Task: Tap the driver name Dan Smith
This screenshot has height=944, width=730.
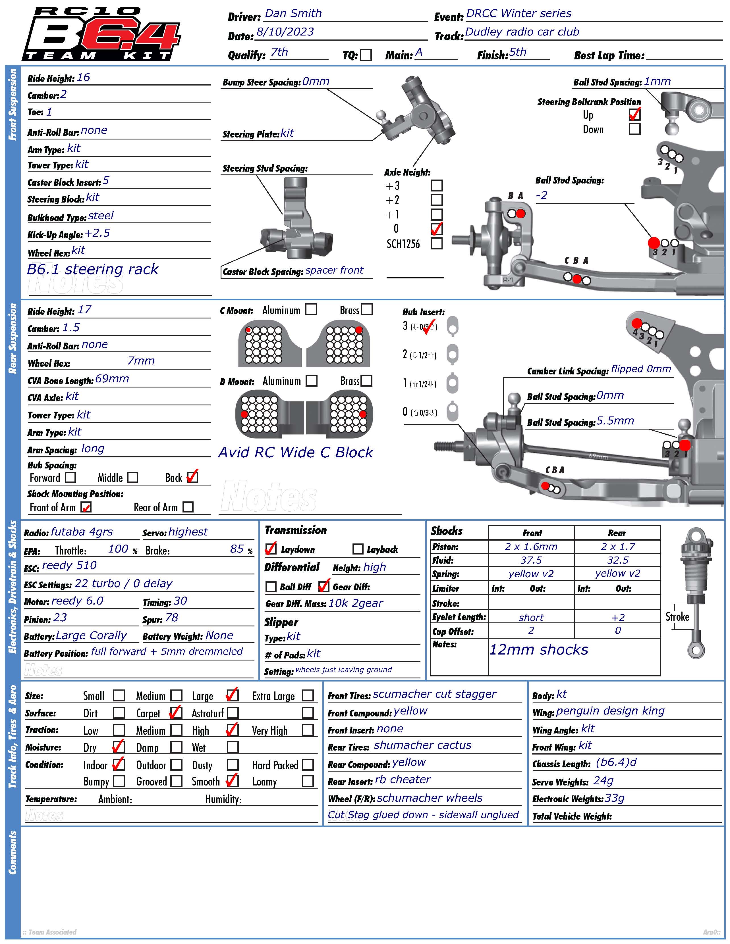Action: pyautogui.click(x=293, y=13)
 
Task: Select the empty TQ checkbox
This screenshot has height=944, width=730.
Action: pyautogui.click(x=366, y=55)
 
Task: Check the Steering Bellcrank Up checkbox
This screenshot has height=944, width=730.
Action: pyautogui.click(x=634, y=114)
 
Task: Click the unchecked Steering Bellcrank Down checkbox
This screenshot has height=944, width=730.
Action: pyautogui.click(x=634, y=129)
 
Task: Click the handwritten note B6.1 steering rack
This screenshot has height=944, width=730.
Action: pyautogui.click(x=93, y=269)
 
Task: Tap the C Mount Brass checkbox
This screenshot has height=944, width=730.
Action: pyautogui.click(x=367, y=309)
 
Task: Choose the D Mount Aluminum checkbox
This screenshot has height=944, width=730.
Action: pyautogui.click(x=311, y=380)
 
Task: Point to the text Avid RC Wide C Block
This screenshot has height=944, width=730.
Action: pyautogui.click(x=295, y=452)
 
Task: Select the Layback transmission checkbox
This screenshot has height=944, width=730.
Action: pyautogui.click(x=358, y=549)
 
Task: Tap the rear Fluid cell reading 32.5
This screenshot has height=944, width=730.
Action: pyautogui.click(x=617, y=560)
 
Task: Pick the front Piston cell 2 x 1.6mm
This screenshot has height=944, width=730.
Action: pyautogui.click(x=531, y=546)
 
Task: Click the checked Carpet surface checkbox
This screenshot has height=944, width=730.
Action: pyautogui.click(x=176, y=712)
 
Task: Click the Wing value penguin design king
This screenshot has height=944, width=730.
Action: pyautogui.click(x=610, y=711)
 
